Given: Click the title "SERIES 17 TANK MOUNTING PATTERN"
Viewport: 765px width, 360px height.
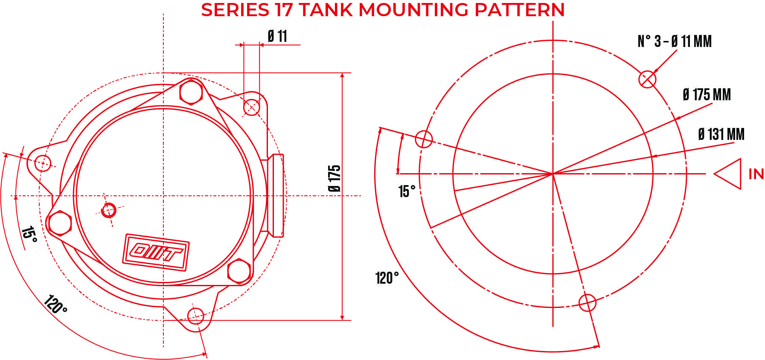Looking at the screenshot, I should pos(383,10).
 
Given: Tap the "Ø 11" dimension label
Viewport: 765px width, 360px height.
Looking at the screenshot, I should pos(277,36).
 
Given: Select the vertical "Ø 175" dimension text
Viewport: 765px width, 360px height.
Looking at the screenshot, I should pos(335,178).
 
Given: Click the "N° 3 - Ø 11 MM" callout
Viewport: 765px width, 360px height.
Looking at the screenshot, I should pos(675,41).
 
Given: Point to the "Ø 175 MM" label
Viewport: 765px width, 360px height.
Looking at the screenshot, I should pos(707,95).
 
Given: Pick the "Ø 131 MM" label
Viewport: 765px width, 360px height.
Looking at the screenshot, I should pos(721,134).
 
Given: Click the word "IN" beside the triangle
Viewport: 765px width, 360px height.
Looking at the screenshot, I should pos(756,174).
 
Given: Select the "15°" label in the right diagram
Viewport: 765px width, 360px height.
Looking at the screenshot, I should pos(407,192).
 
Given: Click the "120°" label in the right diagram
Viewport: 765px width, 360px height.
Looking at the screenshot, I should pos(387,278).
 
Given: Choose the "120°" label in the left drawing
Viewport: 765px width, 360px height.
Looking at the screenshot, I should pos(55,304).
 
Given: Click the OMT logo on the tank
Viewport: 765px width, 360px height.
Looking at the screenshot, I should pos(156,252).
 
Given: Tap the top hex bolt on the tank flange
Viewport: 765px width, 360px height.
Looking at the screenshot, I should pos(191,92).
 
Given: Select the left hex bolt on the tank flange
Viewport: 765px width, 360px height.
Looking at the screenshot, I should pos(60,223).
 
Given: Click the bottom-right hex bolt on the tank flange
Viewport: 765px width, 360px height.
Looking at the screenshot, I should pos(239,271).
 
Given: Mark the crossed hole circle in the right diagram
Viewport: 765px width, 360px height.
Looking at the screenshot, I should pos(647,79).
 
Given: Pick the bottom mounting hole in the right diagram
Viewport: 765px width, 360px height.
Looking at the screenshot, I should pos(588,303).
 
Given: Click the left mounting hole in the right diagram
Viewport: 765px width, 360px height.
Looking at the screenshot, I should pos(424,139).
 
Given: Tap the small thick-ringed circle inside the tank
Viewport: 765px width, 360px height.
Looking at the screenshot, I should pos(109,210).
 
